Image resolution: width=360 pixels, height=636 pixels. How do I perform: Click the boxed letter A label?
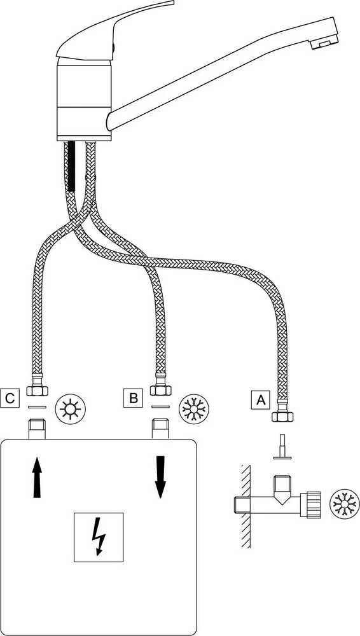[260, 400]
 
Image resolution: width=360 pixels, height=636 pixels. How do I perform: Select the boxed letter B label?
[133, 397]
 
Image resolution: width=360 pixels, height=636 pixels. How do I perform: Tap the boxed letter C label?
[10, 397]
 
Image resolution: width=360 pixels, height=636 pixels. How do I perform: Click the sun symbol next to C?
[71, 408]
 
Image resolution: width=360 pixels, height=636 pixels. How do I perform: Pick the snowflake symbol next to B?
[194, 408]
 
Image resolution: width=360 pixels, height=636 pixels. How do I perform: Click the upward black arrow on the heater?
[37, 477]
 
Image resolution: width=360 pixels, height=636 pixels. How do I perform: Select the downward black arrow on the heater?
[161, 477]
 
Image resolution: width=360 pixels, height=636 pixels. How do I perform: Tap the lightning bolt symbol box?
[99, 537]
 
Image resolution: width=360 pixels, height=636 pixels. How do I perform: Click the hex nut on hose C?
[37, 391]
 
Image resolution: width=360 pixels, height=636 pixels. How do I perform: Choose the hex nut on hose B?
[160, 391]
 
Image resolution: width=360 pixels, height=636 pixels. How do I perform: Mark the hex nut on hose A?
[282, 417]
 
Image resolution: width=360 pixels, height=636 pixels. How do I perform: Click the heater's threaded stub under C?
[37, 430]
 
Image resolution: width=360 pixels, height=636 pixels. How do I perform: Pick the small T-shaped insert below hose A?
[282, 448]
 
